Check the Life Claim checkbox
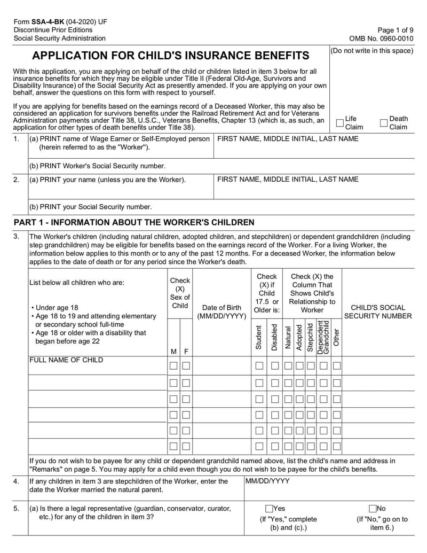tap(340, 123)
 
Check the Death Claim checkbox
tap(384, 123)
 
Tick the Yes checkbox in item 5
tap(269, 509)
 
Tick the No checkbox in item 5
tap(373, 509)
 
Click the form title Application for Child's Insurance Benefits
tap(171, 56)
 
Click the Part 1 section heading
tap(134, 222)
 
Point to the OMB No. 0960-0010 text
tap(381, 38)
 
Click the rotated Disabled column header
tap(274, 337)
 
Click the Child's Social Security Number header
tap(378, 311)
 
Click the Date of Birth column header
tap(222, 311)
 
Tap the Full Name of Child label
tap(66, 360)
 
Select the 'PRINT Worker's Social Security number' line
tap(97, 166)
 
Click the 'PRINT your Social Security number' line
tap(91, 206)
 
